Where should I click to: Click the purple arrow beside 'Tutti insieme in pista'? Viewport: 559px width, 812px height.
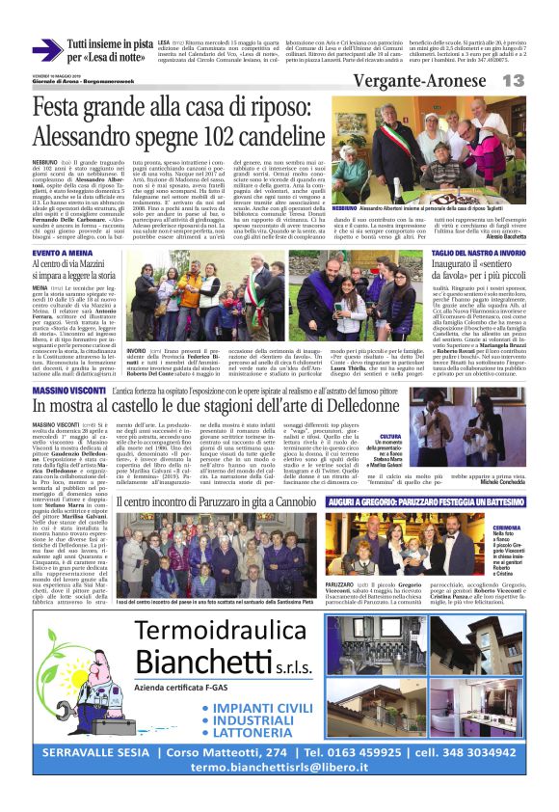(47, 50)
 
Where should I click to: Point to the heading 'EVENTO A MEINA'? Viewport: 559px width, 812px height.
(67, 249)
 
